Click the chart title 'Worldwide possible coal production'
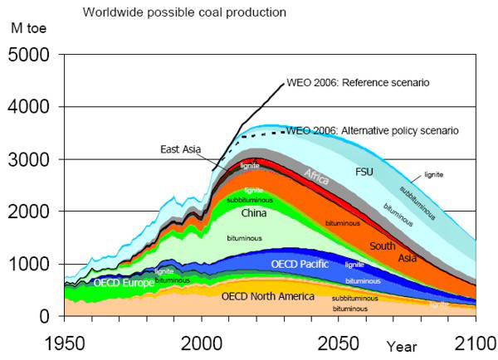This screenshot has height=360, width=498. [183, 12]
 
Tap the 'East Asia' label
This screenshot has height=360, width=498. [181, 149]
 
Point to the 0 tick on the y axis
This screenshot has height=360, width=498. [49, 316]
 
